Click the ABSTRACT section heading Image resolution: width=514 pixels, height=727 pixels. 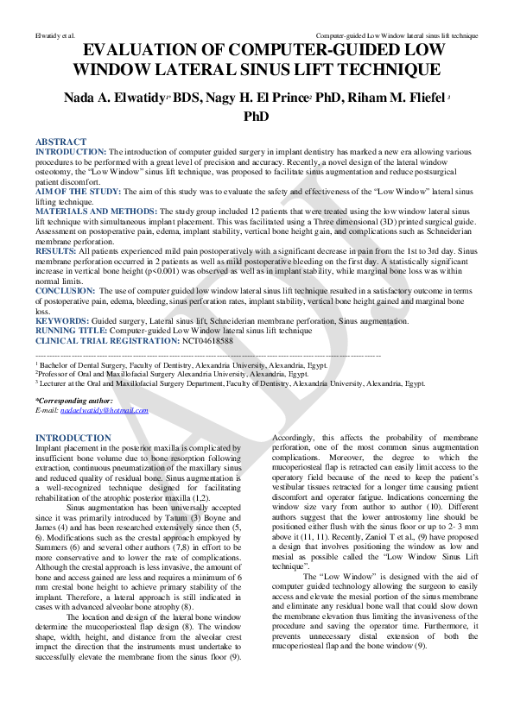point(60,142)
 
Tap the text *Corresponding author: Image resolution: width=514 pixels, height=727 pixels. point(73,401)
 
